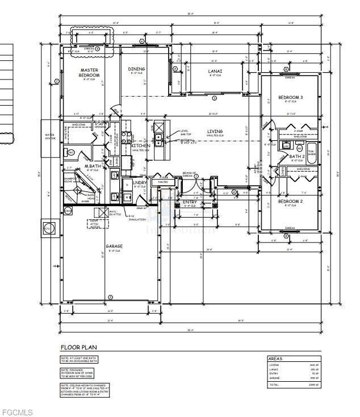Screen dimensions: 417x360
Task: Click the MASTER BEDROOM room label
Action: coord(89,72)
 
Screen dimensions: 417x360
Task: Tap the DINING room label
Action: coord(136,69)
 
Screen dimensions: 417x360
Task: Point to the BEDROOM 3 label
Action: coord(290,98)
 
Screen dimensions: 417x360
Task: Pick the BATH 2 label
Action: coord(298,156)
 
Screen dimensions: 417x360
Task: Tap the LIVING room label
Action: coord(215,132)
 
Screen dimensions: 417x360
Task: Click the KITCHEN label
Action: coord(141,146)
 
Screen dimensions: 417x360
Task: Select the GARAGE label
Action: coord(114,246)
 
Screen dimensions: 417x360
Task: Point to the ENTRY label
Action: coord(190,202)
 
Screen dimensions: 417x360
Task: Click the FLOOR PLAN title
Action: coord(79,347)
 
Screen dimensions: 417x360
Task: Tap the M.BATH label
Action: coord(93,166)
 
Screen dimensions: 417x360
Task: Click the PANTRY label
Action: coord(164,182)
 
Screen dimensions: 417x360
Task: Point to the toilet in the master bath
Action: coord(72,152)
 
